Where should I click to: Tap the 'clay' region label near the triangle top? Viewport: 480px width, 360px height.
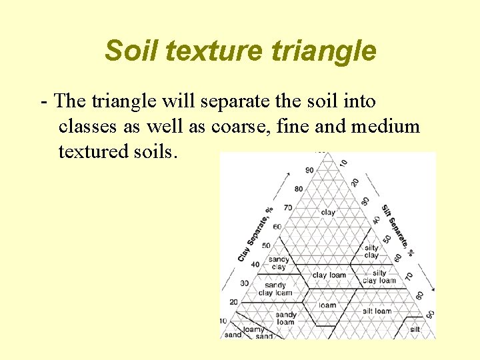[328, 213]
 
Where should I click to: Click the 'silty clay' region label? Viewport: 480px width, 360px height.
[371, 251]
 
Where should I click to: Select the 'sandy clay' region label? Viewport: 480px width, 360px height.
[279, 263]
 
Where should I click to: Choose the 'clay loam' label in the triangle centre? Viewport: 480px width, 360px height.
[329, 275]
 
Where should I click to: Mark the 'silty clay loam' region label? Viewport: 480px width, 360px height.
[379, 277]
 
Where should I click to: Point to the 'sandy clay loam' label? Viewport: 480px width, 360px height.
[275, 289]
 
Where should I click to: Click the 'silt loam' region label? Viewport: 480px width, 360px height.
[377, 311]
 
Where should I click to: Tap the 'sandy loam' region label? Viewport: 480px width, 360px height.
[285, 318]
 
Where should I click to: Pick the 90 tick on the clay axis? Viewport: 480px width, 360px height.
[308, 170]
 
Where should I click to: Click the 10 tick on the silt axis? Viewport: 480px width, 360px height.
[343, 163]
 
